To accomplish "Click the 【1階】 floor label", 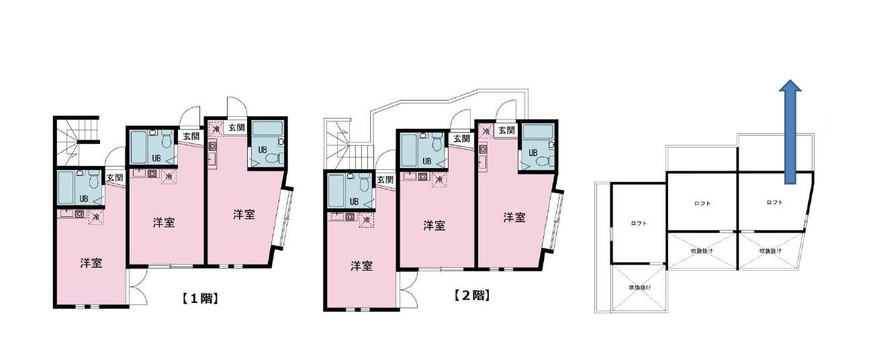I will click(x=199, y=299).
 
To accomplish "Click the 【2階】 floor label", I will click(x=470, y=295).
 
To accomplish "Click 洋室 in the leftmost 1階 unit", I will click(x=91, y=263).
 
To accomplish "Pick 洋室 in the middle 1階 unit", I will click(x=165, y=223).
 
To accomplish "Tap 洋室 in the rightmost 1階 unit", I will click(x=244, y=215).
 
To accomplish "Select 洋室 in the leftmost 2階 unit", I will click(x=361, y=266).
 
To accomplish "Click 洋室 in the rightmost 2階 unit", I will click(x=514, y=218).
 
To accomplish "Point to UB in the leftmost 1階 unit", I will click(x=84, y=198).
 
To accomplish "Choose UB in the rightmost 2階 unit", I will click(x=533, y=152).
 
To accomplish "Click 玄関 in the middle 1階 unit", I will click(x=191, y=136).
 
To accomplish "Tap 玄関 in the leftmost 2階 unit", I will click(x=385, y=179).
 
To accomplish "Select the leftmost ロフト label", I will click(x=638, y=224).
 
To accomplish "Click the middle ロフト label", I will click(x=702, y=203).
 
